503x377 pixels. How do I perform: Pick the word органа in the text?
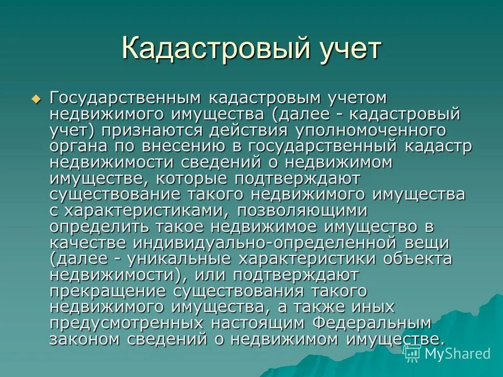(x=77, y=146)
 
